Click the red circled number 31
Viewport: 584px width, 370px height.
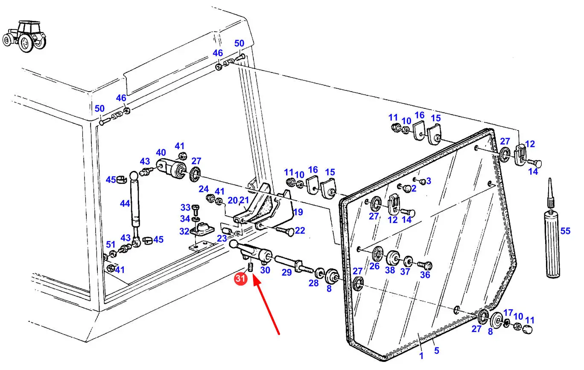tap(240, 279)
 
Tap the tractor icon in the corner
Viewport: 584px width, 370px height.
tap(24, 37)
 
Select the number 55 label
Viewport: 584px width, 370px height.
tap(565, 231)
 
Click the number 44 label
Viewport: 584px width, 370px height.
tap(125, 203)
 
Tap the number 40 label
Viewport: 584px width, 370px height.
tap(161, 152)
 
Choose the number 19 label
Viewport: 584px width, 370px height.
tap(298, 212)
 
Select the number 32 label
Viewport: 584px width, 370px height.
tap(184, 231)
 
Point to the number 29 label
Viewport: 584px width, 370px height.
tap(286, 272)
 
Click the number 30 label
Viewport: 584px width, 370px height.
tap(265, 270)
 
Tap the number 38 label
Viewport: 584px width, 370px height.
tap(390, 270)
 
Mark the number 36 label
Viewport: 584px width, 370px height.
tap(425, 275)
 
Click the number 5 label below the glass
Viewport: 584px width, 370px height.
tap(437, 351)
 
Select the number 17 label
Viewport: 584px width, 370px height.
tap(508, 312)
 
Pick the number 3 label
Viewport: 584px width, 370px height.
tap(429, 181)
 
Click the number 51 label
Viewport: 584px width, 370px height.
tap(111, 245)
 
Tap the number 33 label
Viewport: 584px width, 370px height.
tap(185, 208)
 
